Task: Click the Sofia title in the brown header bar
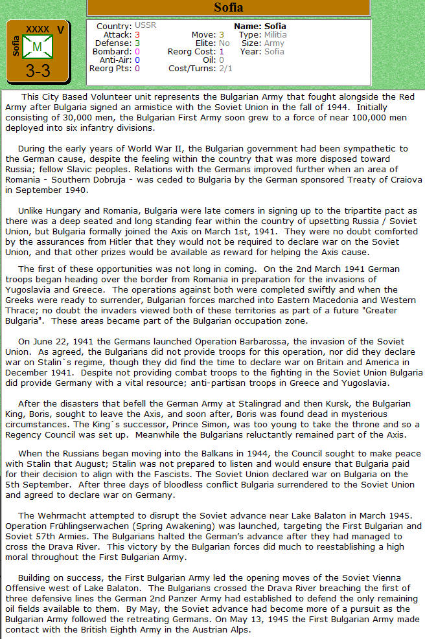coord(229,8)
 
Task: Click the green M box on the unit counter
coord(38,47)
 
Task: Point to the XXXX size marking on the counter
coord(38,29)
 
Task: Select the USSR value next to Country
coord(146,26)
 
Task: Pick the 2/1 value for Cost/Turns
coord(225,68)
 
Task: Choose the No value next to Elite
coord(224,43)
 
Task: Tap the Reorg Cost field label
coord(192,51)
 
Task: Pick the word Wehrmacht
coord(63,515)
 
